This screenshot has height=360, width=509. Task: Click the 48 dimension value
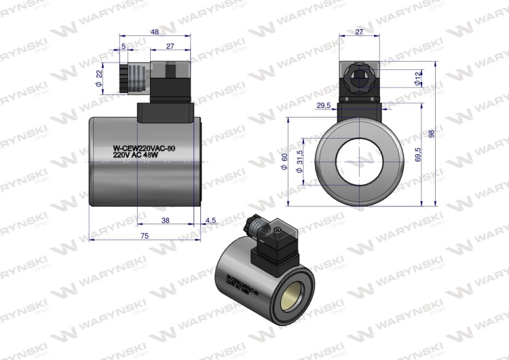154,32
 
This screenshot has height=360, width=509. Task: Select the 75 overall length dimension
145,235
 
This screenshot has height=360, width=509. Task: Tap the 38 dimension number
166,220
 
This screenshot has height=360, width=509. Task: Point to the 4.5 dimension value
210,220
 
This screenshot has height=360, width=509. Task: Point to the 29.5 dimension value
323,106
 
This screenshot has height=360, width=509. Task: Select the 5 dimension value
124,47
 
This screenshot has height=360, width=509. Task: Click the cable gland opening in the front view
360,77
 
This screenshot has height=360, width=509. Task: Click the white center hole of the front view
359,160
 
